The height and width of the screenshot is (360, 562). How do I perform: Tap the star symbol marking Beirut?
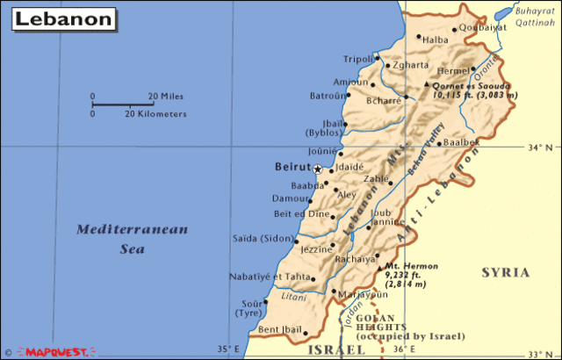317,168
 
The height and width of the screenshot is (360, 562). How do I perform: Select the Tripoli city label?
358,59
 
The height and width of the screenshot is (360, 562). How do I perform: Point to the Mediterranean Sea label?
132,238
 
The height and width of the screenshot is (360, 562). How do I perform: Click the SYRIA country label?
506,273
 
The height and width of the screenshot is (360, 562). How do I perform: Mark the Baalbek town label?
462,141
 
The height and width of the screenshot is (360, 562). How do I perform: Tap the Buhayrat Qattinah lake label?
536,18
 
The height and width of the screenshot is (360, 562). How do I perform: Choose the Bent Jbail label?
279,330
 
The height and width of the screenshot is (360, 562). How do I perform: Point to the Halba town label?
436,40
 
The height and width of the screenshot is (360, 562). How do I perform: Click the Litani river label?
294,297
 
